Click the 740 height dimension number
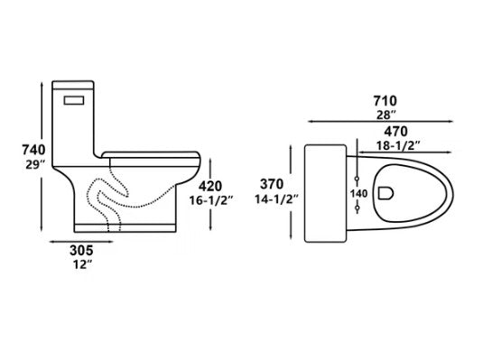(33, 150)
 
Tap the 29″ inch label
(35, 165)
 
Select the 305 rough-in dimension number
(81, 251)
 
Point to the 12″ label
(82, 264)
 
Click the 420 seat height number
(210, 186)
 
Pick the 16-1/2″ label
(209, 200)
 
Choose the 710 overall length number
(385, 101)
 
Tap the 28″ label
(386, 115)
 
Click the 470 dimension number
(395, 132)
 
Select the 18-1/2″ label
(398, 145)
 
